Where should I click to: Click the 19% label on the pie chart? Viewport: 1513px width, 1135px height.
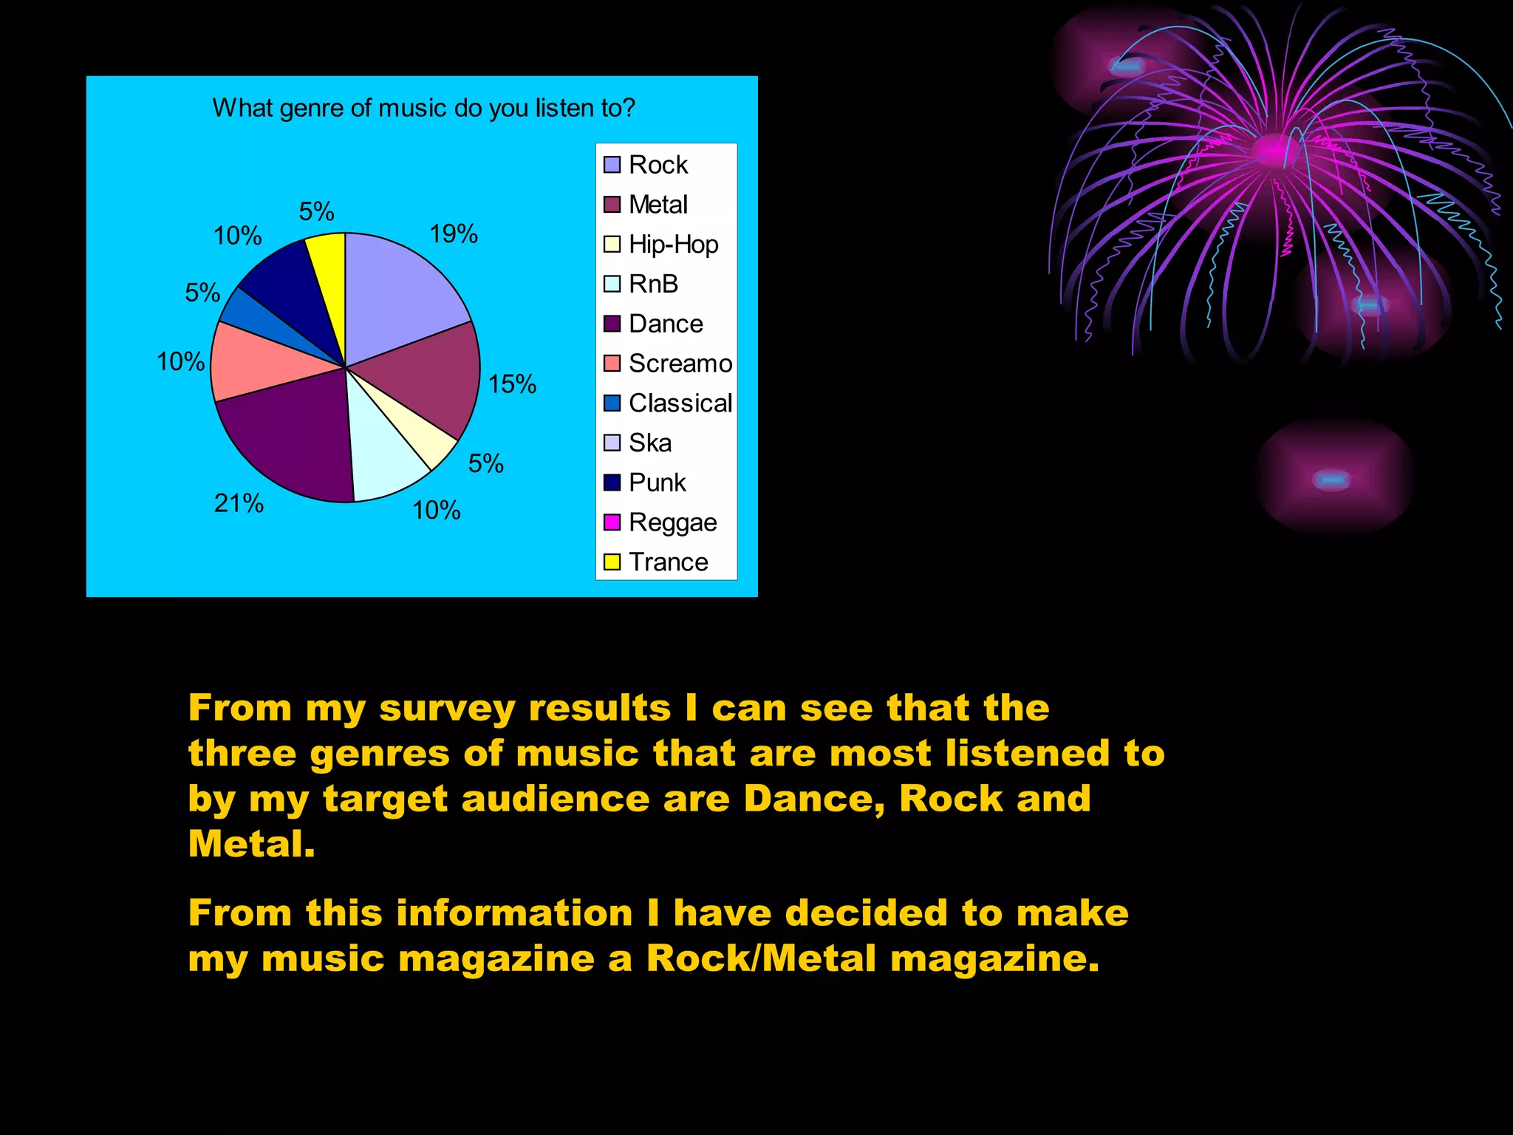[x=454, y=234]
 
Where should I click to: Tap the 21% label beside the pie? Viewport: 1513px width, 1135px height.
[x=239, y=504]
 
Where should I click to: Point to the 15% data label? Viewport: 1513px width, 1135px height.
[x=512, y=384]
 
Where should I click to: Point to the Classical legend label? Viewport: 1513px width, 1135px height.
[x=680, y=403]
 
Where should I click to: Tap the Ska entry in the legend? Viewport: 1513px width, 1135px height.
[x=650, y=443]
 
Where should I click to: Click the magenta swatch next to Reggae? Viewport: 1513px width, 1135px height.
[x=612, y=522]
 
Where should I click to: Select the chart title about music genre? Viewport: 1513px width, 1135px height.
[x=423, y=109]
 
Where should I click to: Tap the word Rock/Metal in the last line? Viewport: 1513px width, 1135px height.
[x=762, y=958]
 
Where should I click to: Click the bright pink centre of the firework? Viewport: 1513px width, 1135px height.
[x=1272, y=149]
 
